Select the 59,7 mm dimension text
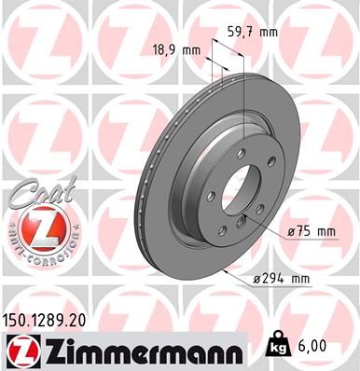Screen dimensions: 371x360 tap(254, 32)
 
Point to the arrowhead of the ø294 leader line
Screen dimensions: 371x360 tap(228, 270)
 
